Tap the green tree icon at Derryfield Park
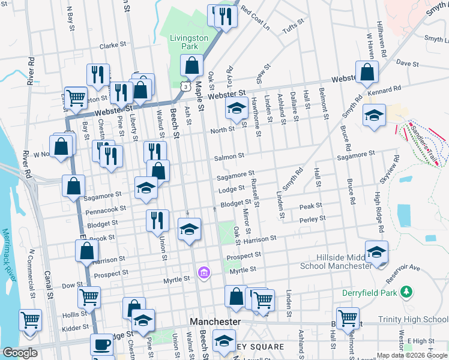coord(406,291)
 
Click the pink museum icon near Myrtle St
coord(204,273)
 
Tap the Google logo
coord(20,353)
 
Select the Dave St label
coord(407,63)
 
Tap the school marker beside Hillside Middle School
coord(376,253)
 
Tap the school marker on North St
coord(237,109)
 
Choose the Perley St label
coord(312,220)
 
